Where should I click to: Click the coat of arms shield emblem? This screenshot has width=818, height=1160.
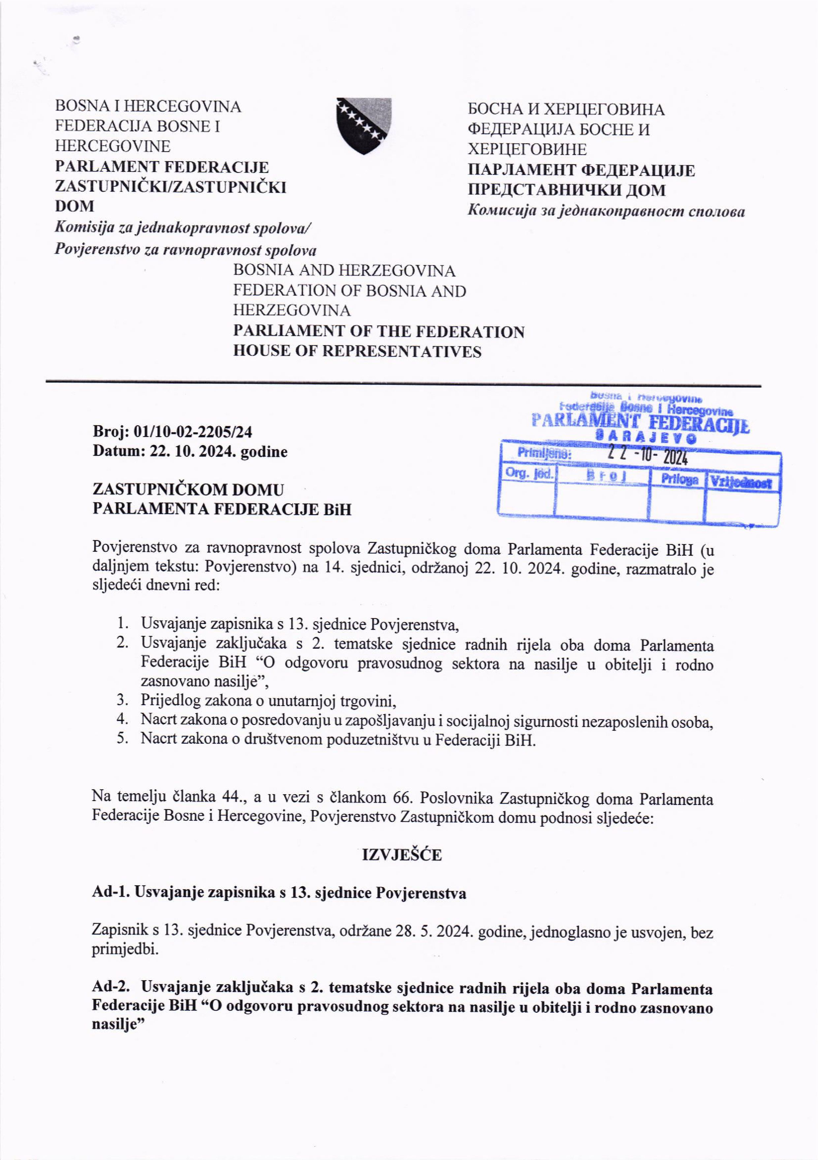(x=364, y=125)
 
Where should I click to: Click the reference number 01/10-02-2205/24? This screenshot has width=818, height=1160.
(x=193, y=432)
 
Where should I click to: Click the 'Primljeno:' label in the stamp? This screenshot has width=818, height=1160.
(x=544, y=453)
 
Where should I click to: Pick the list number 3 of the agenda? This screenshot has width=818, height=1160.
(x=122, y=700)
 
